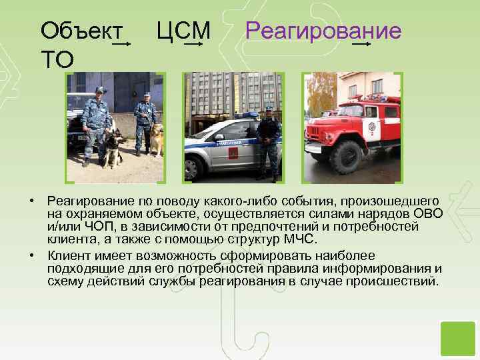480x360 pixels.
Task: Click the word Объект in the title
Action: coord(81,31)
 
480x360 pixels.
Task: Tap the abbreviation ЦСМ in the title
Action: coord(183,31)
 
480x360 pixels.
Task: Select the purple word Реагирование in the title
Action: coord(323,31)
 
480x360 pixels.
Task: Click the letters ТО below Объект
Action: coord(58,60)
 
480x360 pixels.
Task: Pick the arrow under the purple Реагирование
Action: coord(362,45)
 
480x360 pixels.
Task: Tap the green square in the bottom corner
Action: coord(457,338)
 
